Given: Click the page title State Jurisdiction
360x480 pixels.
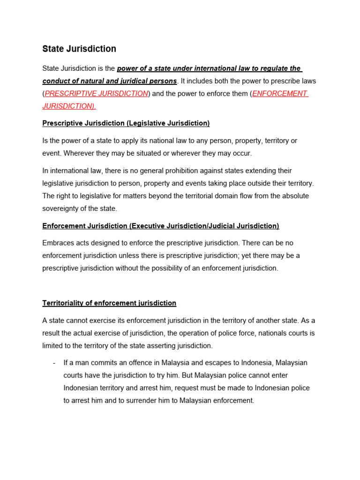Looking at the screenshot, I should click(x=79, y=49).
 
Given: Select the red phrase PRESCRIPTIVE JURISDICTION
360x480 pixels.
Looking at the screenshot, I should click(x=96, y=93).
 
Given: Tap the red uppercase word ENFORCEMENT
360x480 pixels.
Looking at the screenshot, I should click(x=279, y=93).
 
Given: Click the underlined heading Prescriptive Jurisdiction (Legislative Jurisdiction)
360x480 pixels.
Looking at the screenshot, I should click(x=126, y=123).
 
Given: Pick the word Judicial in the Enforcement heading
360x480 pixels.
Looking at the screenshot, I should click(x=224, y=226).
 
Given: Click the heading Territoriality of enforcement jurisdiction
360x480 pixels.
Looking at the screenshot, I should click(x=109, y=303).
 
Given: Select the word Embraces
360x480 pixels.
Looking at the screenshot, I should click(x=59, y=243).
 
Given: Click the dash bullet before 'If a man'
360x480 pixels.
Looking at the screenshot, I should click(x=55, y=363).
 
